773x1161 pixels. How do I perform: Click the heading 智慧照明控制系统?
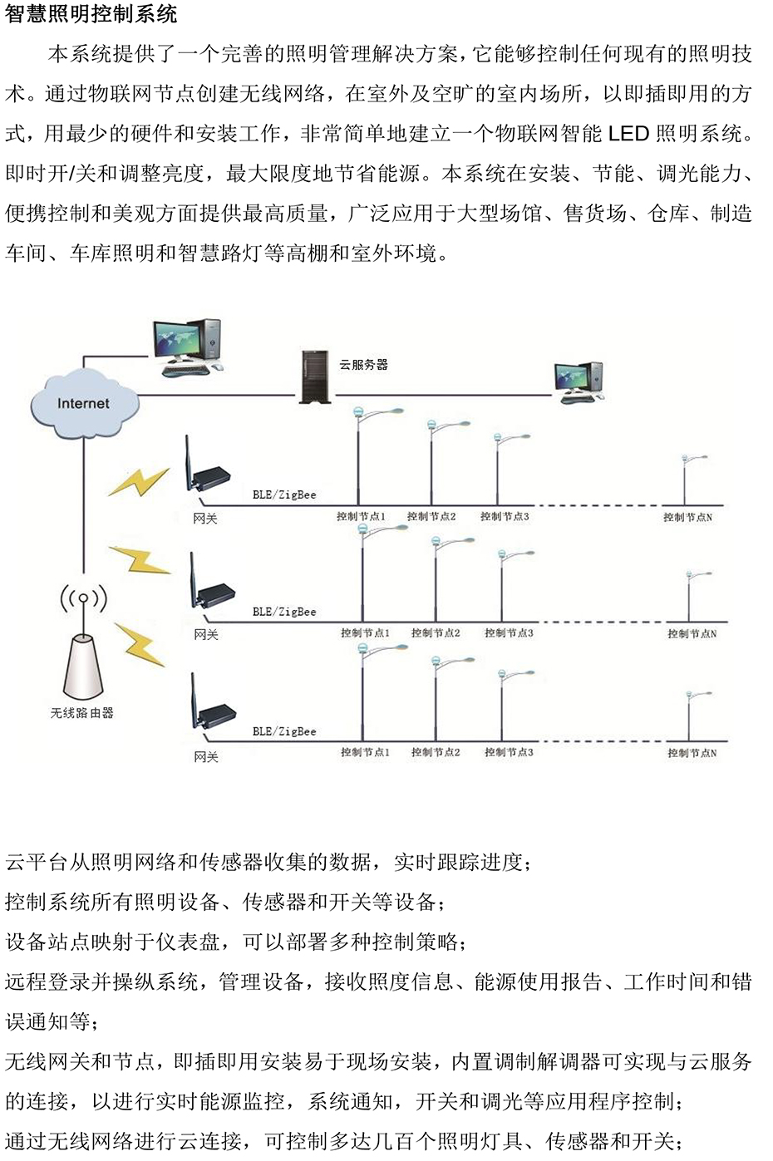tap(91, 14)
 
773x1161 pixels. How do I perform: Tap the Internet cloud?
tap(83, 404)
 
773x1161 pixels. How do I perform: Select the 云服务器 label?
tap(363, 364)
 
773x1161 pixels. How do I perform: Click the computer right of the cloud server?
tap(579, 382)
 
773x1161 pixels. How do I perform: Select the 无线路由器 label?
tap(82, 713)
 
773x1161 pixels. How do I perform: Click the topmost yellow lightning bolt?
tap(139, 481)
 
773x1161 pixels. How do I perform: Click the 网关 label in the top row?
tap(205, 519)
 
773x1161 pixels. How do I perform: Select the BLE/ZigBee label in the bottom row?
tap(284, 731)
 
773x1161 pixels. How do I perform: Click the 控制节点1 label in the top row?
tap(361, 517)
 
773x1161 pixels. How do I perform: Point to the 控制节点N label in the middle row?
tap(692, 633)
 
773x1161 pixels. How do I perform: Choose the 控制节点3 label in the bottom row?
tap(509, 752)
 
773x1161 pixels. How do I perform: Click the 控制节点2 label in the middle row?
tap(436, 633)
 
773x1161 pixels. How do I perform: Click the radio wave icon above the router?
tap(83, 598)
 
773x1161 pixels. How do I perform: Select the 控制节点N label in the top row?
tap(687, 517)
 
